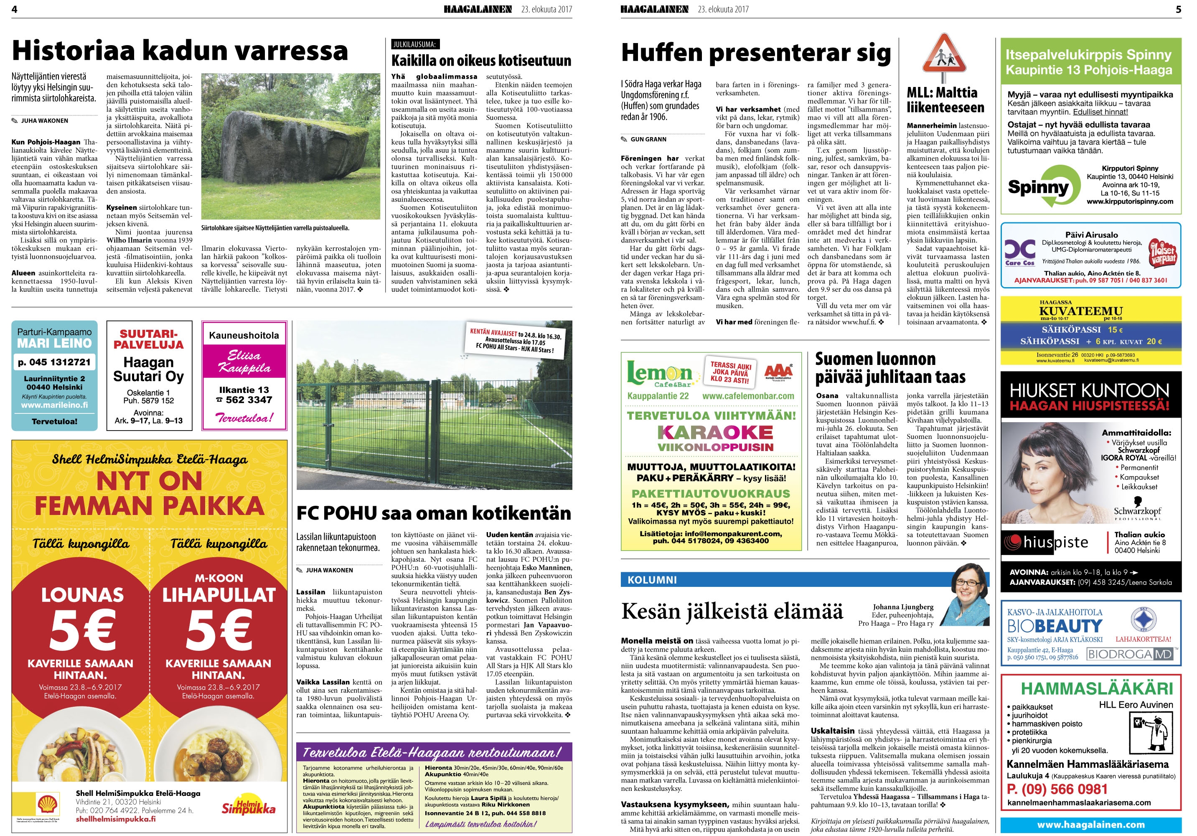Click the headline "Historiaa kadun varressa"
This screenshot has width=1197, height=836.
tap(180, 51)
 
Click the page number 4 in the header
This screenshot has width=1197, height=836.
tap(14, 9)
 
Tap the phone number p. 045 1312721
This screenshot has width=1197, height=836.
tap(54, 362)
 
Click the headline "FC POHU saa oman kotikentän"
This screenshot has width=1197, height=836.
tap(433, 513)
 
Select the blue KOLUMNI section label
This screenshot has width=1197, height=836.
tap(652, 579)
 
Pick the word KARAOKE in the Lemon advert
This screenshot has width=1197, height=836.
tap(714, 432)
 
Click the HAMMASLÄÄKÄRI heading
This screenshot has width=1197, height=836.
tap(1097, 688)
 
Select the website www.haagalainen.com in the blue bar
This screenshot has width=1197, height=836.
tap(1090, 825)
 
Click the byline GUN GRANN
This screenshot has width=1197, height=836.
tap(648, 139)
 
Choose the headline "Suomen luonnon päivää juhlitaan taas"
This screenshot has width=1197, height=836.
tap(890, 368)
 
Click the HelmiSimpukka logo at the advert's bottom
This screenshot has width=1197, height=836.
tap(248, 806)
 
